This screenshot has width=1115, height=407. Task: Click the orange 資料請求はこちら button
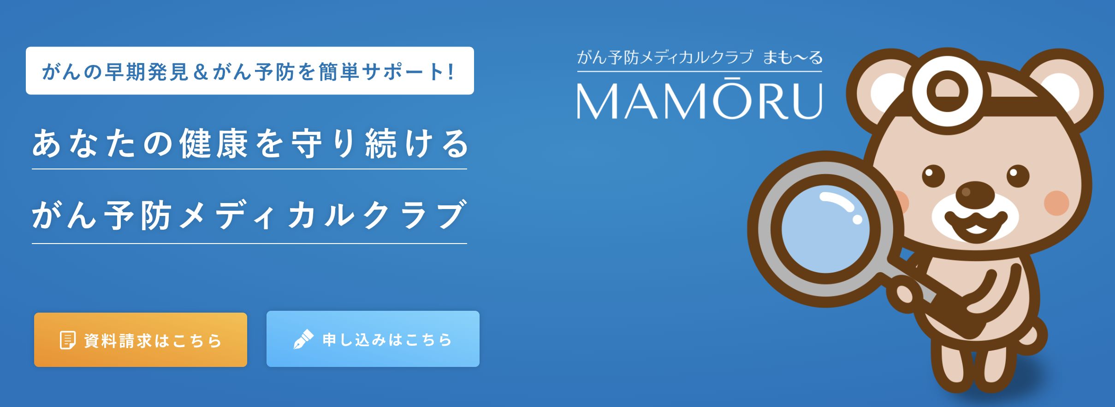tap(141, 340)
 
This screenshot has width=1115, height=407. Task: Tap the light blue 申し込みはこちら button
tap(373, 339)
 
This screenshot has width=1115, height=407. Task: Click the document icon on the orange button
tap(68, 340)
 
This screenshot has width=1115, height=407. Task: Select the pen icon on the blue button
tap(303, 339)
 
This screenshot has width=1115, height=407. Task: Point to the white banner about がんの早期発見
tap(250, 70)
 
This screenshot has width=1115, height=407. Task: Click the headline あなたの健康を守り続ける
tap(249, 144)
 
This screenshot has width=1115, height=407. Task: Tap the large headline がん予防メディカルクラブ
tap(249, 215)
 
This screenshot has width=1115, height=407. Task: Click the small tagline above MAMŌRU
tap(700, 58)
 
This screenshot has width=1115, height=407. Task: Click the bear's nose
tap(975, 193)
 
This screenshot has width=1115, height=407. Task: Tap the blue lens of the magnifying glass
tap(825, 229)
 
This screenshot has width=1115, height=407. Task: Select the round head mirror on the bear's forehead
tap(948, 91)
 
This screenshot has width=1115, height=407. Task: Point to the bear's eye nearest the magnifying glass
tap(934, 175)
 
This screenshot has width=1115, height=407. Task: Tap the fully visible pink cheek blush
tap(1056, 203)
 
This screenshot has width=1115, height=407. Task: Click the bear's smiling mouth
tap(975, 226)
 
